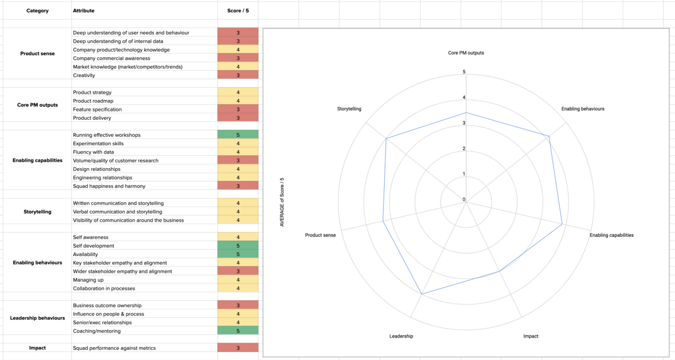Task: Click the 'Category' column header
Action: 37,11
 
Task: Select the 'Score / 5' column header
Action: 237,11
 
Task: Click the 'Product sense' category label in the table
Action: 37,54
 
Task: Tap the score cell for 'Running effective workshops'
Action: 237,135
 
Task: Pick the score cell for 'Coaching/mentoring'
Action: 237,331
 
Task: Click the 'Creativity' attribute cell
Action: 84,75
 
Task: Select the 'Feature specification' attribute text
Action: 97,110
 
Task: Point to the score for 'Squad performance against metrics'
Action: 237,348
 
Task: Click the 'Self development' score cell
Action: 237,246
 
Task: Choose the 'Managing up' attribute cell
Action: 88,280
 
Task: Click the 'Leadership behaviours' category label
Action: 37,318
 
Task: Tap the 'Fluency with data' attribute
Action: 93,152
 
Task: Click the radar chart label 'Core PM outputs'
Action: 466,53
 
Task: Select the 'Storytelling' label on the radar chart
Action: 349,109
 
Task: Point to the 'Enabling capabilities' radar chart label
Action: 611,235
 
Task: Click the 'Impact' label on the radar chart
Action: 530,336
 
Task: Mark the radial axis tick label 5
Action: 464,72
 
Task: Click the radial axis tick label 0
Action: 464,200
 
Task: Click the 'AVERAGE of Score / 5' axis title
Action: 282,202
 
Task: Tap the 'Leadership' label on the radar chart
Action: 401,336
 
